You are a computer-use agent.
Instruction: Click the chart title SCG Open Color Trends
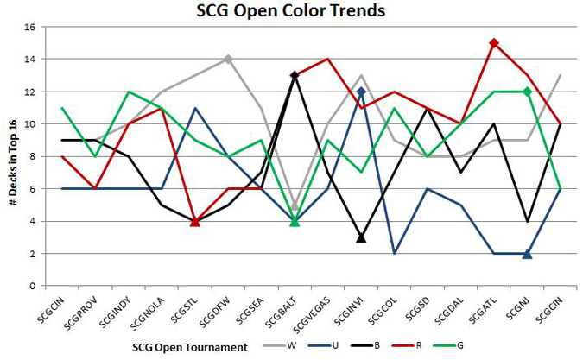pos(291,11)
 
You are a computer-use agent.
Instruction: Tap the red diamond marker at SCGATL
pos(494,43)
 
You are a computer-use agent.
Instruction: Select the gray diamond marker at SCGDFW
pos(228,59)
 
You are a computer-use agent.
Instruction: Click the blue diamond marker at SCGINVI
pos(361,92)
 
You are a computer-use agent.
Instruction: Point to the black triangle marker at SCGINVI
pos(361,237)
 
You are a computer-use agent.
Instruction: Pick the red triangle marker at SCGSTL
pos(195,221)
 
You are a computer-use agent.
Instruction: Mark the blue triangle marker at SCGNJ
pos(527,254)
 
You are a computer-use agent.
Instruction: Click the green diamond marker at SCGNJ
pos(527,92)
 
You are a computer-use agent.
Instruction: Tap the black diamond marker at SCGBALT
pos(295,75)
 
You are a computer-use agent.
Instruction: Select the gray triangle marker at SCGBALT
pos(295,205)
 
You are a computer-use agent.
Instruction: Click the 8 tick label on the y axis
pos(31,156)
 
